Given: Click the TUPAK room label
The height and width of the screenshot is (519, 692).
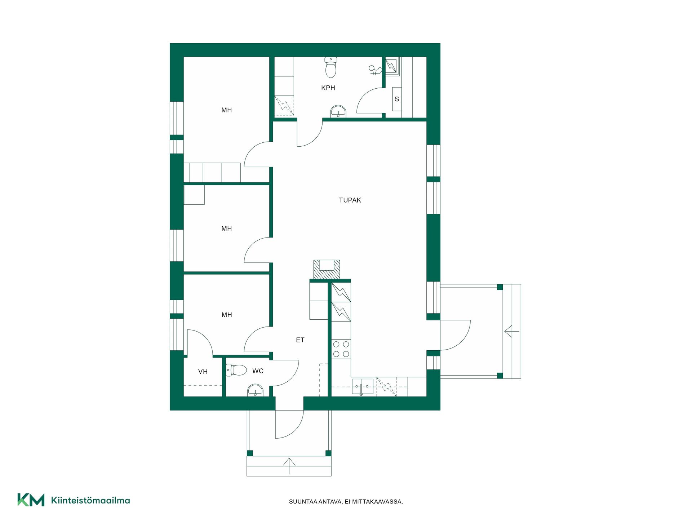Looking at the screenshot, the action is (x=350, y=200).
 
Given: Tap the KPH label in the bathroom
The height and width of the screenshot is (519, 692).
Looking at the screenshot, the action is (x=328, y=88).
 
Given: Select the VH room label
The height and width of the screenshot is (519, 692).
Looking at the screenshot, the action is (x=203, y=371).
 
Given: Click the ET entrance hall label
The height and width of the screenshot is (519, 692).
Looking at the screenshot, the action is (x=300, y=340).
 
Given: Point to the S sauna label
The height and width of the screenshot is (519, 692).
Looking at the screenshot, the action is (x=397, y=99).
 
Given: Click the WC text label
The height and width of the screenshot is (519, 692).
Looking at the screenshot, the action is (x=258, y=371).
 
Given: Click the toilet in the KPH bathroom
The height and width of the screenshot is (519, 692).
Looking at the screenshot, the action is (x=331, y=67).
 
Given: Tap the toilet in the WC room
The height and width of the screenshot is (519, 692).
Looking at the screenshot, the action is (x=236, y=370).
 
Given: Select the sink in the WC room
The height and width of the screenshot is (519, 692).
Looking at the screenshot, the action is (x=256, y=390).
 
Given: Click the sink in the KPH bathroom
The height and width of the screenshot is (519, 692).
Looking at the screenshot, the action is (x=338, y=112).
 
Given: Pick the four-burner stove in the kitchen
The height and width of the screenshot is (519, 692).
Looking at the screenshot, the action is (x=341, y=349).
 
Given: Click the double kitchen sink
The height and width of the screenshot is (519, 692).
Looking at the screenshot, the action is (x=363, y=386).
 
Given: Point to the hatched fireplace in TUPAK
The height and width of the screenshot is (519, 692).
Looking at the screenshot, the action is (x=327, y=269).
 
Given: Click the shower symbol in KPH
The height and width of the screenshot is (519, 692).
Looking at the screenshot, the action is (x=375, y=70).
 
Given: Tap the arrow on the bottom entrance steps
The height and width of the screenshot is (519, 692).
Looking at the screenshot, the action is (x=289, y=466).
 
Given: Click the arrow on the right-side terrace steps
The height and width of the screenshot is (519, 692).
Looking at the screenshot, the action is (x=512, y=331).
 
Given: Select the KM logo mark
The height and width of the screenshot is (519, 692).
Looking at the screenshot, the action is (x=31, y=500).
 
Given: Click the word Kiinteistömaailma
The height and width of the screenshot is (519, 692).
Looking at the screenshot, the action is (x=90, y=500).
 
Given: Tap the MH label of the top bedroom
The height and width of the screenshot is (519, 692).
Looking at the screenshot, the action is (x=226, y=110).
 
